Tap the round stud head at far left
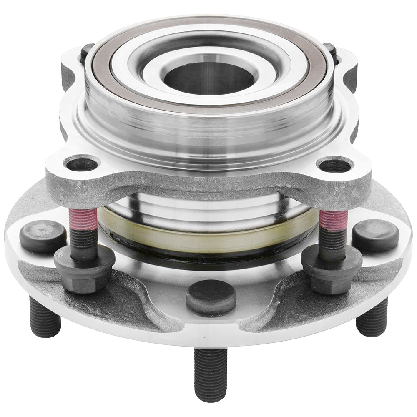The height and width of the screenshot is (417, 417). click(x=43, y=236)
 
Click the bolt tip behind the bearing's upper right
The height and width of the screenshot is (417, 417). click(x=330, y=50)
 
